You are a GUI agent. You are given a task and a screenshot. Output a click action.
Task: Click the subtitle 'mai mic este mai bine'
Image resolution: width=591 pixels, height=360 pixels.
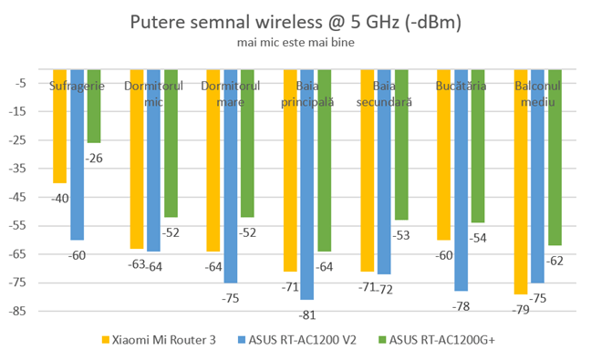tap(295, 42)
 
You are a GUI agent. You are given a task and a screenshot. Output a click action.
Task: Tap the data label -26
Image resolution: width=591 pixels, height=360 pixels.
tap(93, 159)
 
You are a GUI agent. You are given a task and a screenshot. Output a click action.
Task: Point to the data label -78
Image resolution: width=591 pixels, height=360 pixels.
tap(461, 306)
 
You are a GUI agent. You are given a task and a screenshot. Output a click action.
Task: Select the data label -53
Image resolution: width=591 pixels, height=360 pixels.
tap(401, 236)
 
